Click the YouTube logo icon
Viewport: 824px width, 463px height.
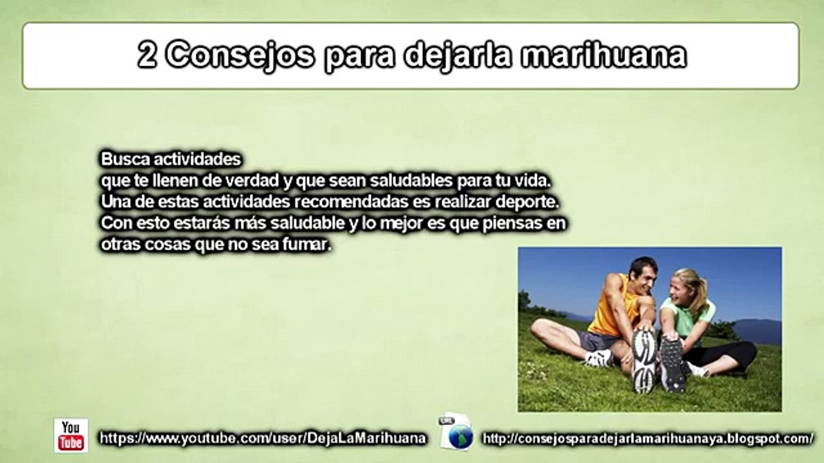pyautogui.click(x=71, y=435)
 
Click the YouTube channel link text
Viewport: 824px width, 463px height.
pyautogui.click(x=263, y=439)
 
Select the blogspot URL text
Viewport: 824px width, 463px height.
pyautogui.click(x=648, y=439)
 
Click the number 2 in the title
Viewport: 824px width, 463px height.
pyautogui.click(x=147, y=56)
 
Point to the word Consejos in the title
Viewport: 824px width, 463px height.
pyautogui.click(x=241, y=56)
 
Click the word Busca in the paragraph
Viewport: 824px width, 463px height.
pyautogui.click(x=120, y=159)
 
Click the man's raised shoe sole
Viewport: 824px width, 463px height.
pyautogui.click(x=644, y=360)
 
